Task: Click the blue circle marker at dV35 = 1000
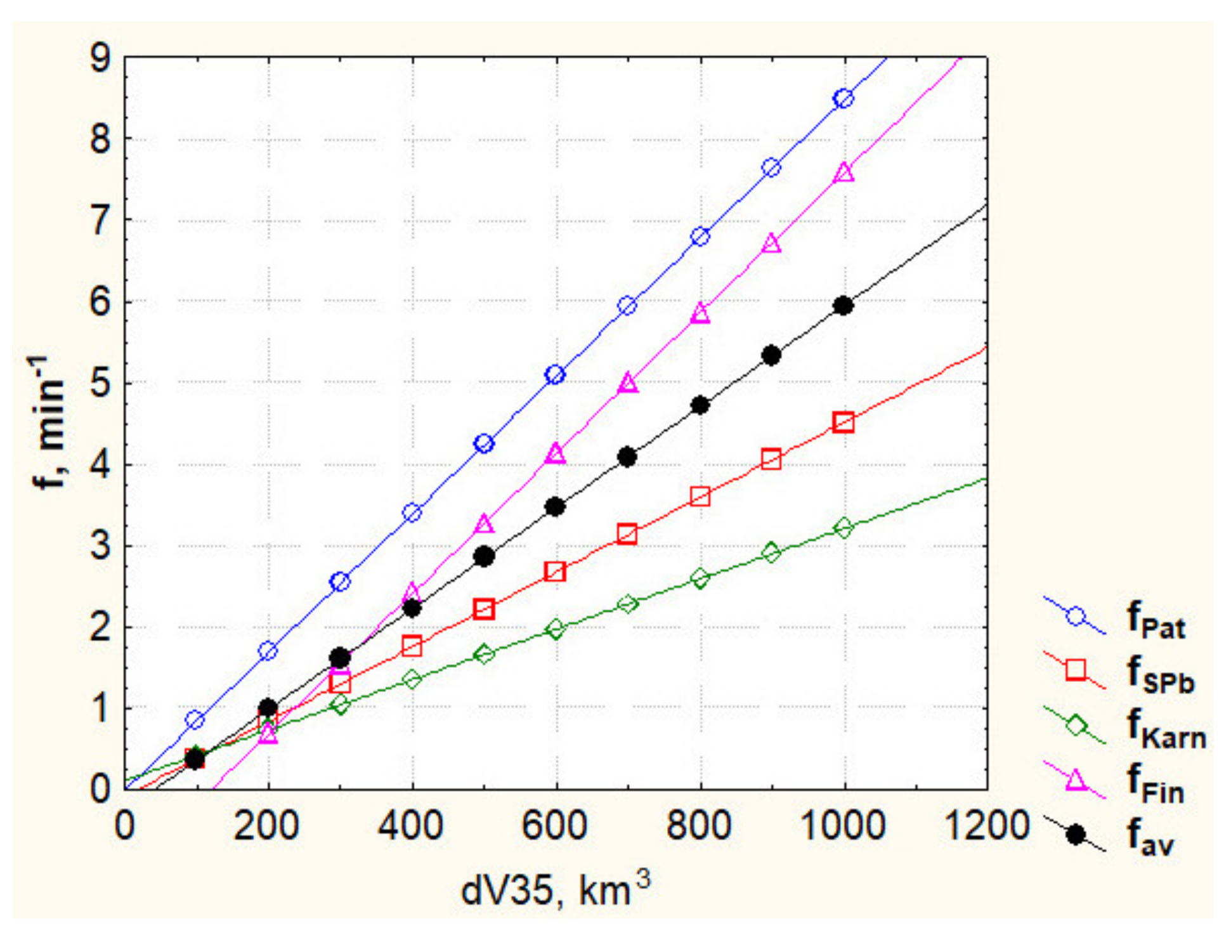pos(843,99)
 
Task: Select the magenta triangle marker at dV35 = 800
pos(700,313)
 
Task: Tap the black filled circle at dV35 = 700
pos(627,457)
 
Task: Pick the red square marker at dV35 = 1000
pos(843,422)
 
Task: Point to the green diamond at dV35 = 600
pos(556,629)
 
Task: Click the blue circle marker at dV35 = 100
pos(195,720)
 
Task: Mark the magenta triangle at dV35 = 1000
pos(844,173)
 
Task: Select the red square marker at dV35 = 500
pos(484,610)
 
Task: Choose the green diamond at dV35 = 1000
pos(843,528)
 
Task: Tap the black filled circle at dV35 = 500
pos(484,556)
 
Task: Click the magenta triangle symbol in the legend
pos(1076,780)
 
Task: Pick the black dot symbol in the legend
pos(1076,835)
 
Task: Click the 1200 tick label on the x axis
pos(987,826)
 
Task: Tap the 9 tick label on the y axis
pos(100,58)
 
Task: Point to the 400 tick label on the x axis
pos(412,826)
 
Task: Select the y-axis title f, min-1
pos(49,422)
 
